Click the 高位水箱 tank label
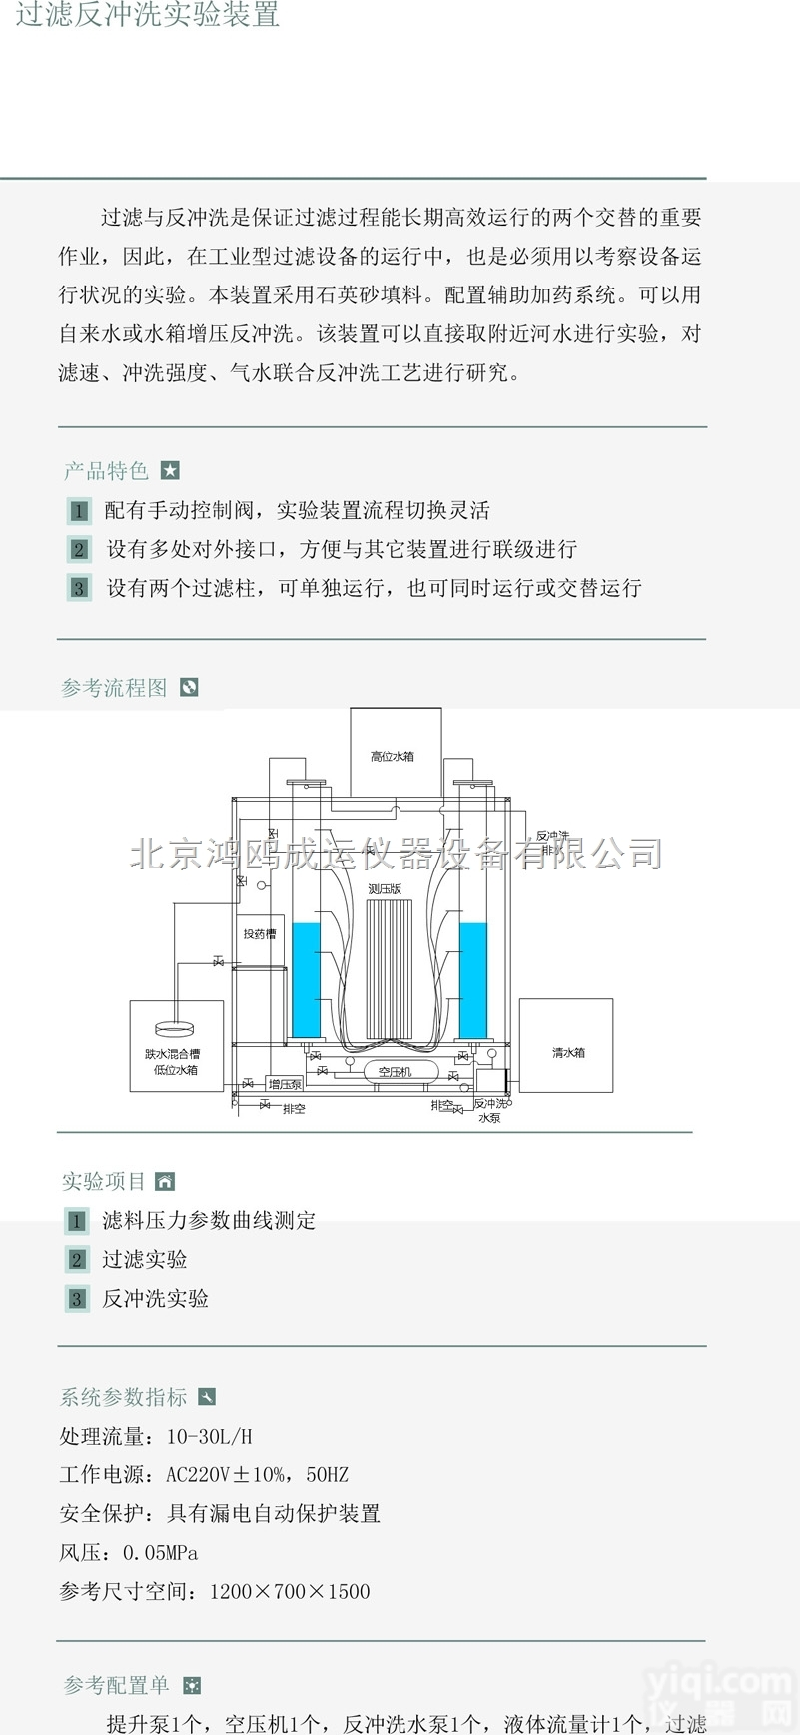(x=393, y=757)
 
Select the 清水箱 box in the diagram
(x=566, y=1046)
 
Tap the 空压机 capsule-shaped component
(x=395, y=1071)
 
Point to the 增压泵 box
(x=285, y=1084)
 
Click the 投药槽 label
(x=259, y=934)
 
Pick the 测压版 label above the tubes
(x=385, y=888)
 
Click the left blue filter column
(x=306, y=979)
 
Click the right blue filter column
(x=473, y=979)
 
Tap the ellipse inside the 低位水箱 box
(x=176, y=1029)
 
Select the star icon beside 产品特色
(x=171, y=470)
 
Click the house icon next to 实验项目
(x=166, y=1182)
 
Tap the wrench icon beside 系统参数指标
(x=207, y=1397)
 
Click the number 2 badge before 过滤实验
(x=77, y=1260)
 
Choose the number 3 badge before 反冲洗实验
(x=77, y=1299)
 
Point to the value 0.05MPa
(x=161, y=1553)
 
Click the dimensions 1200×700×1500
(x=290, y=1592)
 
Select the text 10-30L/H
(x=210, y=1437)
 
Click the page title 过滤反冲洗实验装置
(x=147, y=14)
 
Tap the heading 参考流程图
(x=114, y=688)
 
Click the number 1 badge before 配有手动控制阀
(x=79, y=511)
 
